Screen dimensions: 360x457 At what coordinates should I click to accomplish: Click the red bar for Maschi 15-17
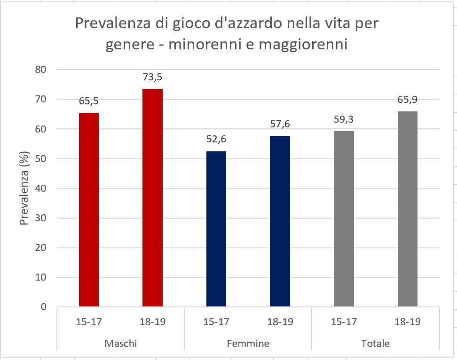(x=89, y=210)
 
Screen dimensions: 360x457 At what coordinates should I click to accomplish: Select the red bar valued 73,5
(x=153, y=197)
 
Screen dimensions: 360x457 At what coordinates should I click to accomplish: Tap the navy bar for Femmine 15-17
(x=216, y=229)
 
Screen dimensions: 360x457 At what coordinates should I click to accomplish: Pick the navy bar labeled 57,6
(x=280, y=221)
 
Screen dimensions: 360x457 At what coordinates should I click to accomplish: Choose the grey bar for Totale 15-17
(x=344, y=219)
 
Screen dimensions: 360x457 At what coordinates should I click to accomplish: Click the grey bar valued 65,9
(x=408, y=209)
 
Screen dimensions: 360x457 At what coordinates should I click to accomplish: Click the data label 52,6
(x=216, y=139)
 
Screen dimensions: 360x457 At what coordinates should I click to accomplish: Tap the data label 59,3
(x=344, y=119)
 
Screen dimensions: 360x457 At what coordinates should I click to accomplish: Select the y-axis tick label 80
(x=42, y=70)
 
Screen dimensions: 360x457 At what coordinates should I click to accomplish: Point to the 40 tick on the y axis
(x=42, y=188)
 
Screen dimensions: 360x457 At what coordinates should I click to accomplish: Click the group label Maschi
(x=121, y=343)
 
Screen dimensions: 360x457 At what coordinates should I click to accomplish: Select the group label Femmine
(x=248, y=343)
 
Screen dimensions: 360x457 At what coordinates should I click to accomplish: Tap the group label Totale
(x=376, y=343)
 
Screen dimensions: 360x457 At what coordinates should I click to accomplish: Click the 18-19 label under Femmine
(x=280, y=322)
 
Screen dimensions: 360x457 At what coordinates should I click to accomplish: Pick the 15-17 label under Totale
(x=344, y=322)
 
